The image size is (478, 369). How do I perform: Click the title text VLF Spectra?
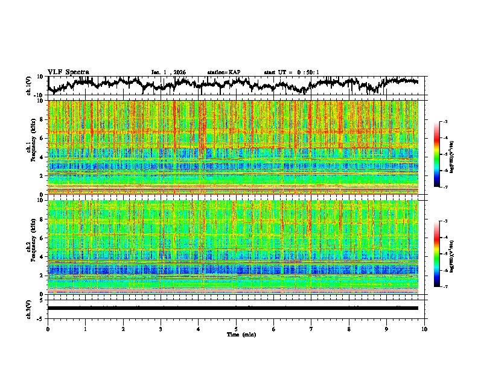point(68,72)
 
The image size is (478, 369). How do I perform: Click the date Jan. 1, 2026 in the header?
point(168,72)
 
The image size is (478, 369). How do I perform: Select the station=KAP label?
point(223,72)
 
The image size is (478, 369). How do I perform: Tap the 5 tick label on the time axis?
point(236,329)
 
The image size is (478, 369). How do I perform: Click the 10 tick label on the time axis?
point(424,329)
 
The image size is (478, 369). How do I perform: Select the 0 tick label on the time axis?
point(48,329)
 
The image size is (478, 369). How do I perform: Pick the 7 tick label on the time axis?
point(311,329)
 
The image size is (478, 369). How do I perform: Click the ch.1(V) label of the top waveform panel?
point(29,86)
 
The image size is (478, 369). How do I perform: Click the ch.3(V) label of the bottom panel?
point(29,308)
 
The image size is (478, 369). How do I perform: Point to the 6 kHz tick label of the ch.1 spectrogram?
point(42,138)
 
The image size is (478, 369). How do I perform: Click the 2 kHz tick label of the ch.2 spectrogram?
point(42,276)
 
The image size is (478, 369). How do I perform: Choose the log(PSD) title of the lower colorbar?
point(459,254)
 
